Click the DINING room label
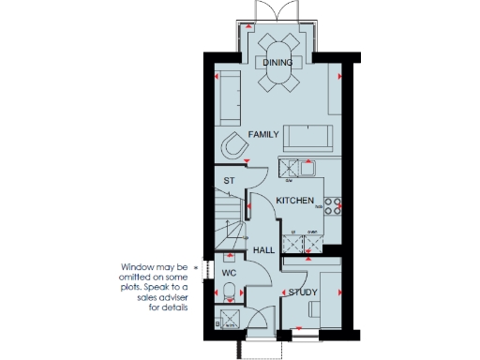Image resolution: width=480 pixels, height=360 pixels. pyautogui.click(x=277, y=63)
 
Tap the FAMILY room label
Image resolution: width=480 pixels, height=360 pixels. pyautogui.click(x=264, y=135)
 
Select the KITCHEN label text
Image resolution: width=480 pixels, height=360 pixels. pyautogui.click(x=294, y=202)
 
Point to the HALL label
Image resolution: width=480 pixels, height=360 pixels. pyautogui.click(x=263, y=251)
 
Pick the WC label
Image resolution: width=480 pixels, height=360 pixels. pyautogui.click(x=227, y=274)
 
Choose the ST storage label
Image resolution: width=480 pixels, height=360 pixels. pyautogui.click(x=228, y=181)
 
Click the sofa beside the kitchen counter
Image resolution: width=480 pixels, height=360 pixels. pyautogui.click(x=307, y=137)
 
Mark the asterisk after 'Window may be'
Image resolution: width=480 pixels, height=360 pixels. pyautogui.click(x=197, y=267)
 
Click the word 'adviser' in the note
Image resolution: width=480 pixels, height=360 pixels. pyautogui.click(x=172, y=298)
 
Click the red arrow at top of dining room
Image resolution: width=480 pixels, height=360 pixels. pyautogui.click(x=249, y=27)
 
